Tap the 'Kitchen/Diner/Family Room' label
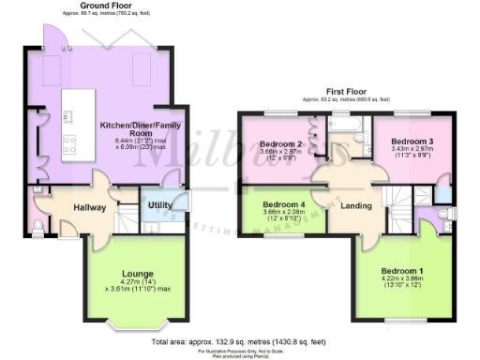(x=140, y=129)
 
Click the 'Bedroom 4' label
(x=283, y=204)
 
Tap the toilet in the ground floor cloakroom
(x=35, y=227)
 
